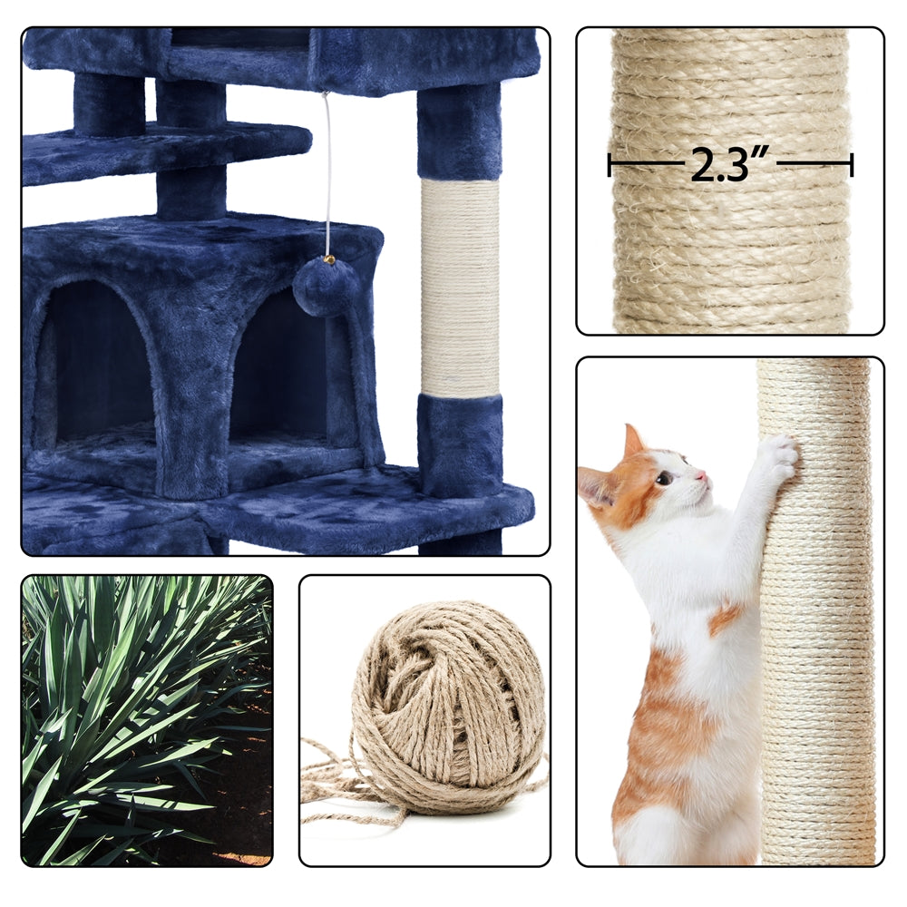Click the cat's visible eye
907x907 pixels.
[666, 478]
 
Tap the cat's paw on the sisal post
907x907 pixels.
[777, 458]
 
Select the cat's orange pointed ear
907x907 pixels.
[634, 442]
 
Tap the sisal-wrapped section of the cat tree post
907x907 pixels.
[460, 286]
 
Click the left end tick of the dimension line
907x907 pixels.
[610, 164]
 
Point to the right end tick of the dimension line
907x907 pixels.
[852, 164]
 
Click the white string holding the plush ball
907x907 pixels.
[327, 172]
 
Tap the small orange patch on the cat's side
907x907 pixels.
[724, 618]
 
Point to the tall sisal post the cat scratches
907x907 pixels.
[816, 635]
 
